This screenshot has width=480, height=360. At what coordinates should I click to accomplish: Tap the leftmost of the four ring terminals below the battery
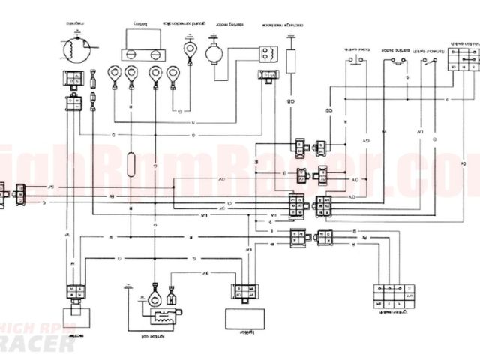click(x=113, y=74)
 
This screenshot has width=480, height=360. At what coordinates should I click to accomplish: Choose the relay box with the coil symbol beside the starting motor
click(x=266, y=53)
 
